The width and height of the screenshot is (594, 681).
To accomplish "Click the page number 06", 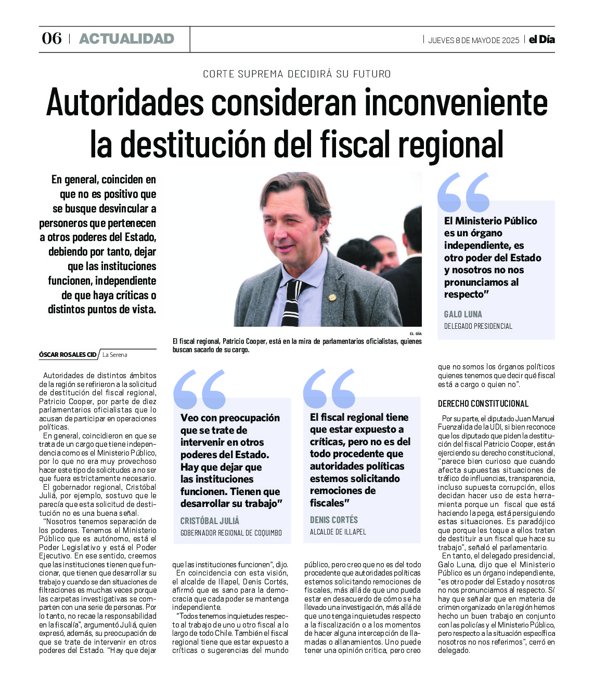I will pos(51,38).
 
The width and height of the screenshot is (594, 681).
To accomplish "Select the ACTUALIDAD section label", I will pos(126,39).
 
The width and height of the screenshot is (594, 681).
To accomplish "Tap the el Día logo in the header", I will pos(542,39).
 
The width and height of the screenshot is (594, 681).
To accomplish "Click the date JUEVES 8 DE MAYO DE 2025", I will pos(473,41).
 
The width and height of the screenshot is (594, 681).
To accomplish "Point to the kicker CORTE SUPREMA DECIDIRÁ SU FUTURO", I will pos(296,74).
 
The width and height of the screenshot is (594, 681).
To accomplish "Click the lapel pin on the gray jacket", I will pos(332,298).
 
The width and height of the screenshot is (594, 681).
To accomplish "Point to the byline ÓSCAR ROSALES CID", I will pos(68,354).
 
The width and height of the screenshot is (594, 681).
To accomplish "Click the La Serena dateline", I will pos(115,355).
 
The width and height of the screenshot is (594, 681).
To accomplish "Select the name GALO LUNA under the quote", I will pos(463,314).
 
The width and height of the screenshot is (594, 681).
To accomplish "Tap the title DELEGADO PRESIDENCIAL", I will pos(478,326).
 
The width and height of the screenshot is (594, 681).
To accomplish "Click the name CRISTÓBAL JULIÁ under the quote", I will pos(210,520).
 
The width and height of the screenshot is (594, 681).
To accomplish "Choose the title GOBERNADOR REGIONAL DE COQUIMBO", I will pos(231,532).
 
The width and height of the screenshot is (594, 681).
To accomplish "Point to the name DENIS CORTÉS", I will pos(334,519).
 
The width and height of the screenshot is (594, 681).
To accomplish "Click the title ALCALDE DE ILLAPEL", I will pos(338,532).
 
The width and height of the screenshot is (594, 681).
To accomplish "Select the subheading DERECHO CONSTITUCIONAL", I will pos(483,404).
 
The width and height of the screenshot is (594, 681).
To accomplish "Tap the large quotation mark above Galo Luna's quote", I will pos(463,192).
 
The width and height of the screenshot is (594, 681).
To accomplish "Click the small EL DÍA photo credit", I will pos(415,333).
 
